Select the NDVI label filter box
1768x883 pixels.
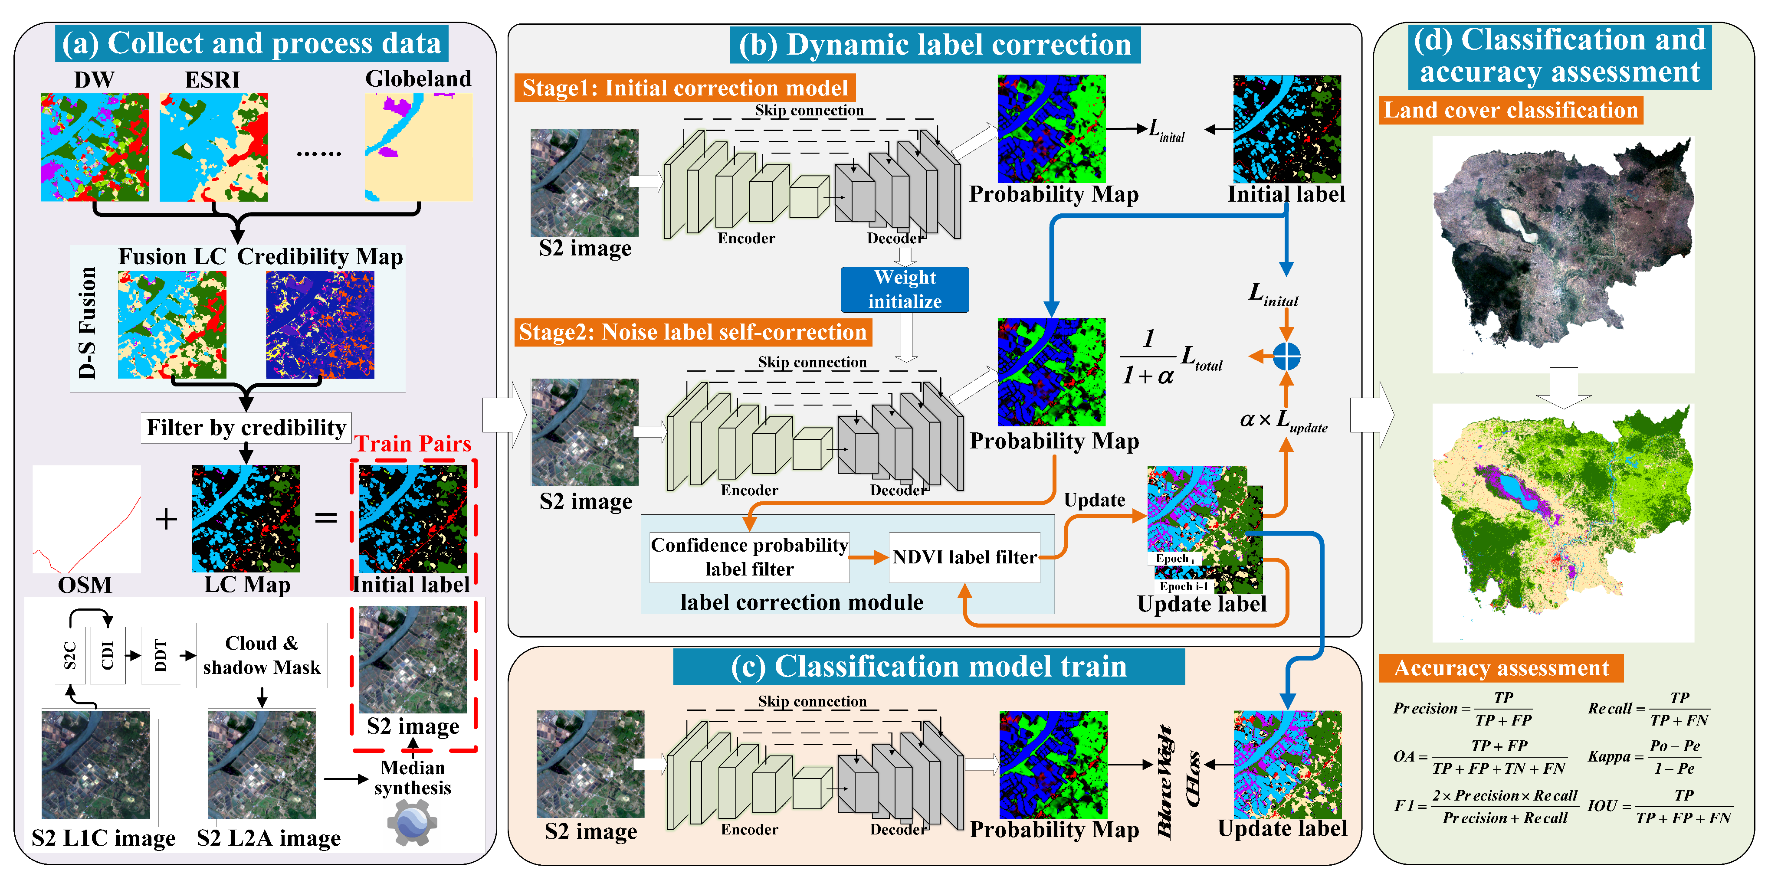pyautogui.click(x=964, y=557)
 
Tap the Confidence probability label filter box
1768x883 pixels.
pyautogui.click(x=749, y=557)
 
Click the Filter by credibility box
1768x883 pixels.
pyautogui.click(x=246, y=428)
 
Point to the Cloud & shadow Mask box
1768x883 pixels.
pyautogui.click(x=262, y=655)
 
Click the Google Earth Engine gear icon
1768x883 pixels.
pyautogui.click(x=412, y=822)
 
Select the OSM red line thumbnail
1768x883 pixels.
pyautogui.click(x=86, y=520)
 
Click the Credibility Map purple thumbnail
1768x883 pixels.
pyautogui.click(x=320, y=324)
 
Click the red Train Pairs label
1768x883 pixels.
pyautogui.click(x=413, y=444)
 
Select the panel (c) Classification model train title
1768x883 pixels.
pyautogui.click(x=928, y=666)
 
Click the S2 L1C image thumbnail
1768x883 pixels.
pyautogui.click(x=95, y=764)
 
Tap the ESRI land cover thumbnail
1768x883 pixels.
pyautogui.click(x=213, y=147)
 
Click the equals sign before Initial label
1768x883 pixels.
pyautogui.click(x=326, y=518)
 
